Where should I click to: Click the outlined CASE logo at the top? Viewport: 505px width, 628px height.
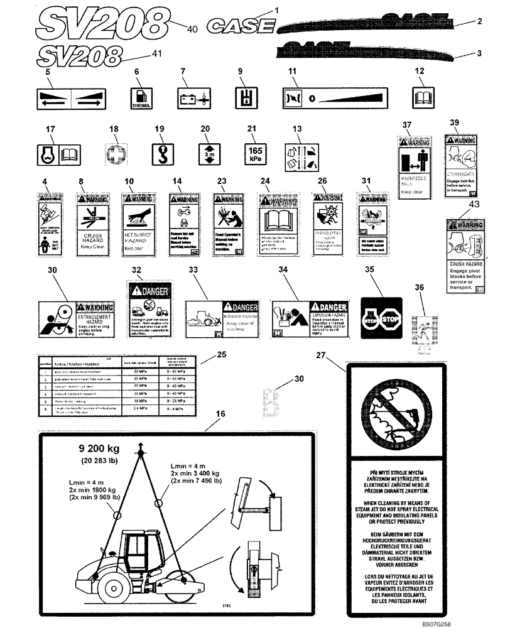click(242, 26)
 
